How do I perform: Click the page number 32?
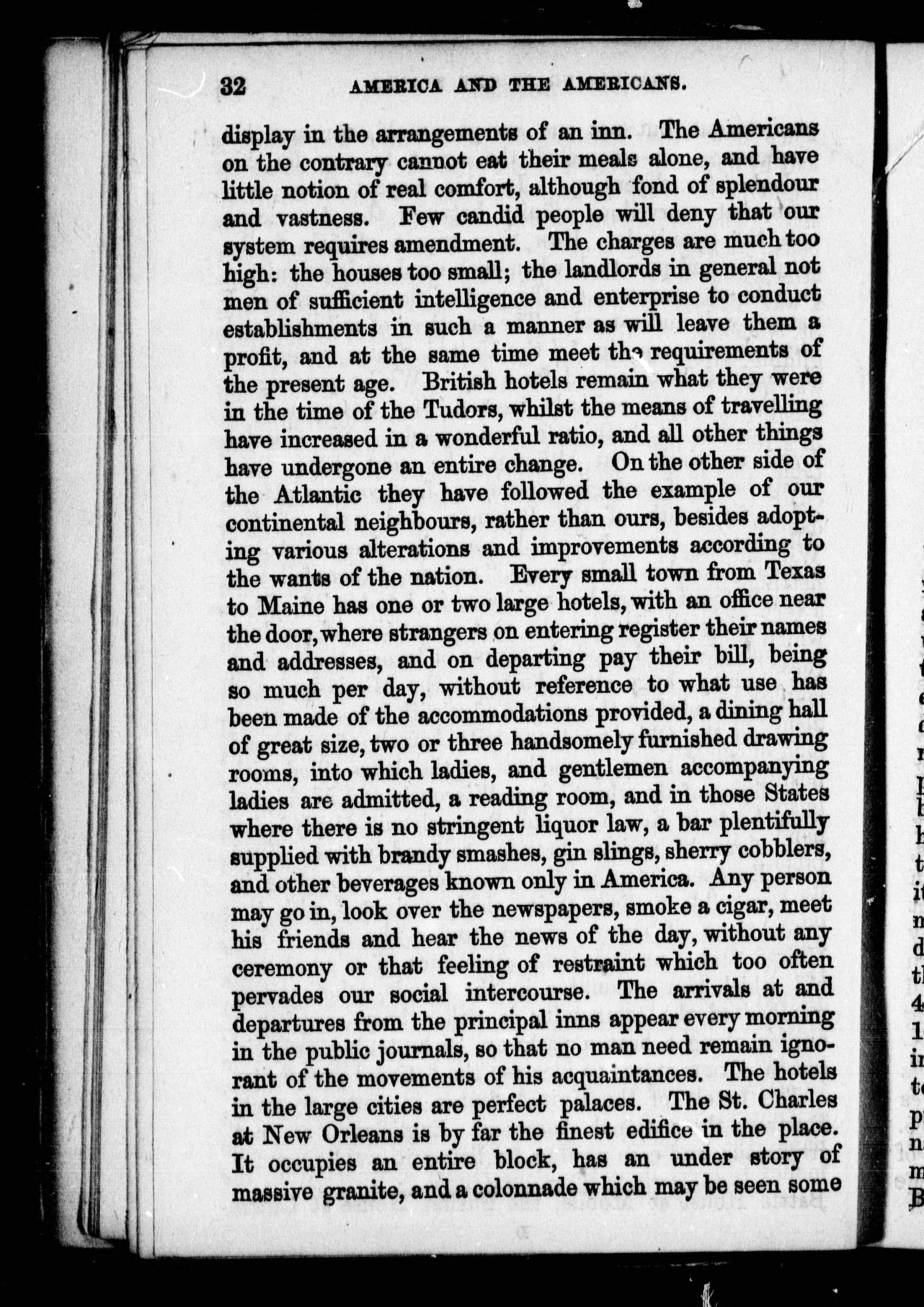pyautogui.click(x=233, y=86)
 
